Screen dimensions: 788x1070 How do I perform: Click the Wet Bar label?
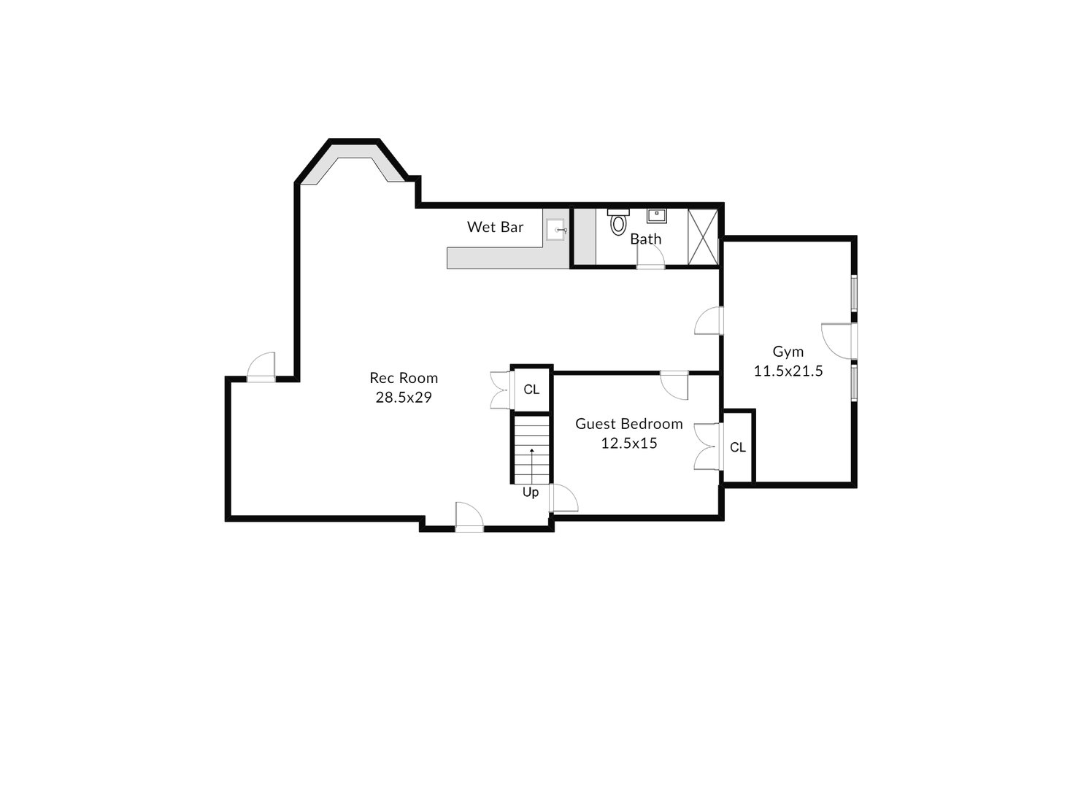tap(495, 227)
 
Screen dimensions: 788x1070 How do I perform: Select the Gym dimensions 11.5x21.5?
tap(788, 371)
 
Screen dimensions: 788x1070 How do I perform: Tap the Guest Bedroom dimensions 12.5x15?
tap(629, 443)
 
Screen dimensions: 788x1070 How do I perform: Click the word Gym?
tap(788, 352)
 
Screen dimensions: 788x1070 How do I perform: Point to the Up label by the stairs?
tap(531, 492)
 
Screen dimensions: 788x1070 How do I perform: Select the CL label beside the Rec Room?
tap(531, 390)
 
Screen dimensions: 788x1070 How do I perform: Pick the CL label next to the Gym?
tap(738, 447)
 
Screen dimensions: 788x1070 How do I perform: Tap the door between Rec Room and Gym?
tap(709, 321)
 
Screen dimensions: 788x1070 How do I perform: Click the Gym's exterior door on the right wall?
tap(837, 340)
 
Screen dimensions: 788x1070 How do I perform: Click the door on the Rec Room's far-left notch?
tap(261, 366)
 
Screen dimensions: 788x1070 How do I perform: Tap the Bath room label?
tap(646, 239)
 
